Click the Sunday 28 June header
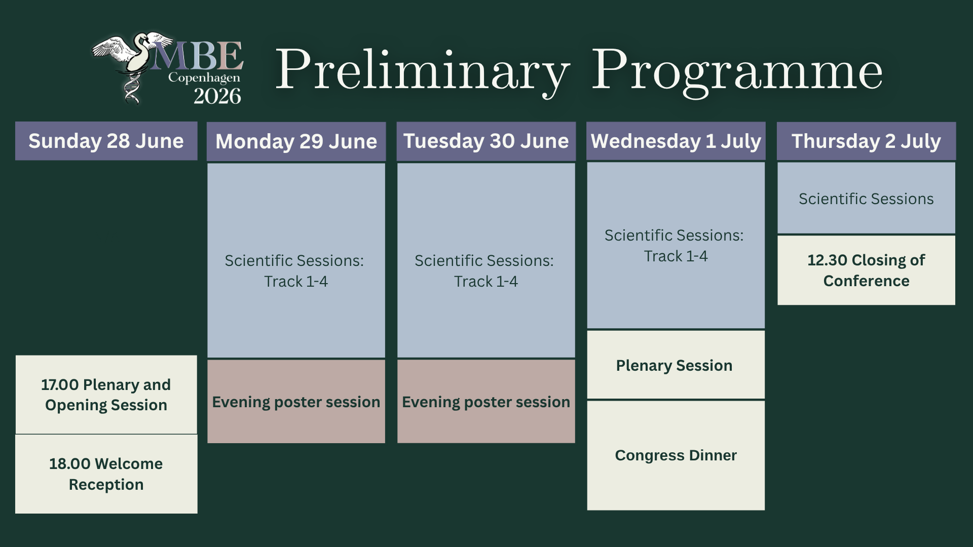pos(106,141)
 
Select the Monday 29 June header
pos(296,141)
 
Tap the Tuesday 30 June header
pos(486,141)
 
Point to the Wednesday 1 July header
pos(676,141)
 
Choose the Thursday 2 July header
pos(866,141)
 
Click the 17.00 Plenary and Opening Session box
pos(106,395)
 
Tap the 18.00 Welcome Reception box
pos(106,474)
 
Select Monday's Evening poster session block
pos(296,401)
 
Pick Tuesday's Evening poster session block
pos(486,401)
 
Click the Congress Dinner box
pos(676,455)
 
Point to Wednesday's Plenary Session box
pos(676,365)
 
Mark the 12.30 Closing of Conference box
pos(866,270)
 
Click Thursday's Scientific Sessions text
pos(866,199)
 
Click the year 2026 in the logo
pos(217,96)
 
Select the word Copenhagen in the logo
pos(204,78)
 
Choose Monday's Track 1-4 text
pos(296,281)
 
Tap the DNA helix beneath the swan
pos(132,89)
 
